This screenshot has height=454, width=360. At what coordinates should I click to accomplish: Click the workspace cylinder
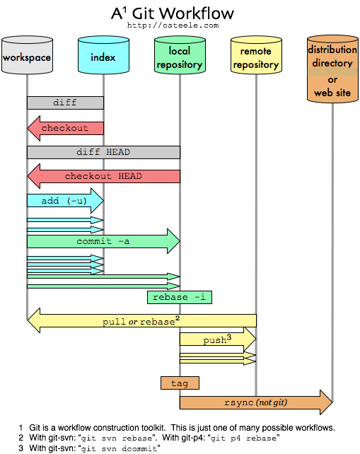tap(27, 56)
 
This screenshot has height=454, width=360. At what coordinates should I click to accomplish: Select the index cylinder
tap(103, 56)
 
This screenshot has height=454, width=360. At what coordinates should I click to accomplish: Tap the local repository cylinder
tap(180, 57)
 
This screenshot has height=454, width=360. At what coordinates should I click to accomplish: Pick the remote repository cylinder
tap(255, 57)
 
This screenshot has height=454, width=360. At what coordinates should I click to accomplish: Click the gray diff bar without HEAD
tap(65, 103)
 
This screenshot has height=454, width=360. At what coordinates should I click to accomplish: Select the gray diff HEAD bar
tap(103, 152)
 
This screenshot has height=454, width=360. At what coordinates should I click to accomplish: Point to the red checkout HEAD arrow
tap(103, 176)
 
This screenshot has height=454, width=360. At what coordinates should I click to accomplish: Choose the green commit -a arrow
tap(103, 241)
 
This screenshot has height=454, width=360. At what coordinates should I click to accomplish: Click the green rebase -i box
tap(180, 297)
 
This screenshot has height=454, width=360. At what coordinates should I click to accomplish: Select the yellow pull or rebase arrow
tap(141, 321)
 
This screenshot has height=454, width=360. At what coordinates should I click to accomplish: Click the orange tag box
tap(180, 383)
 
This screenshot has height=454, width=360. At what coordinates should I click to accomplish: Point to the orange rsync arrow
tap(255, 402)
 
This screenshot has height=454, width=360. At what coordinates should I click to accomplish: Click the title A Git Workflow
tap(173, 13)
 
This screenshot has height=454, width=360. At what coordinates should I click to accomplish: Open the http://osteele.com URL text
tap(173, 25)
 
